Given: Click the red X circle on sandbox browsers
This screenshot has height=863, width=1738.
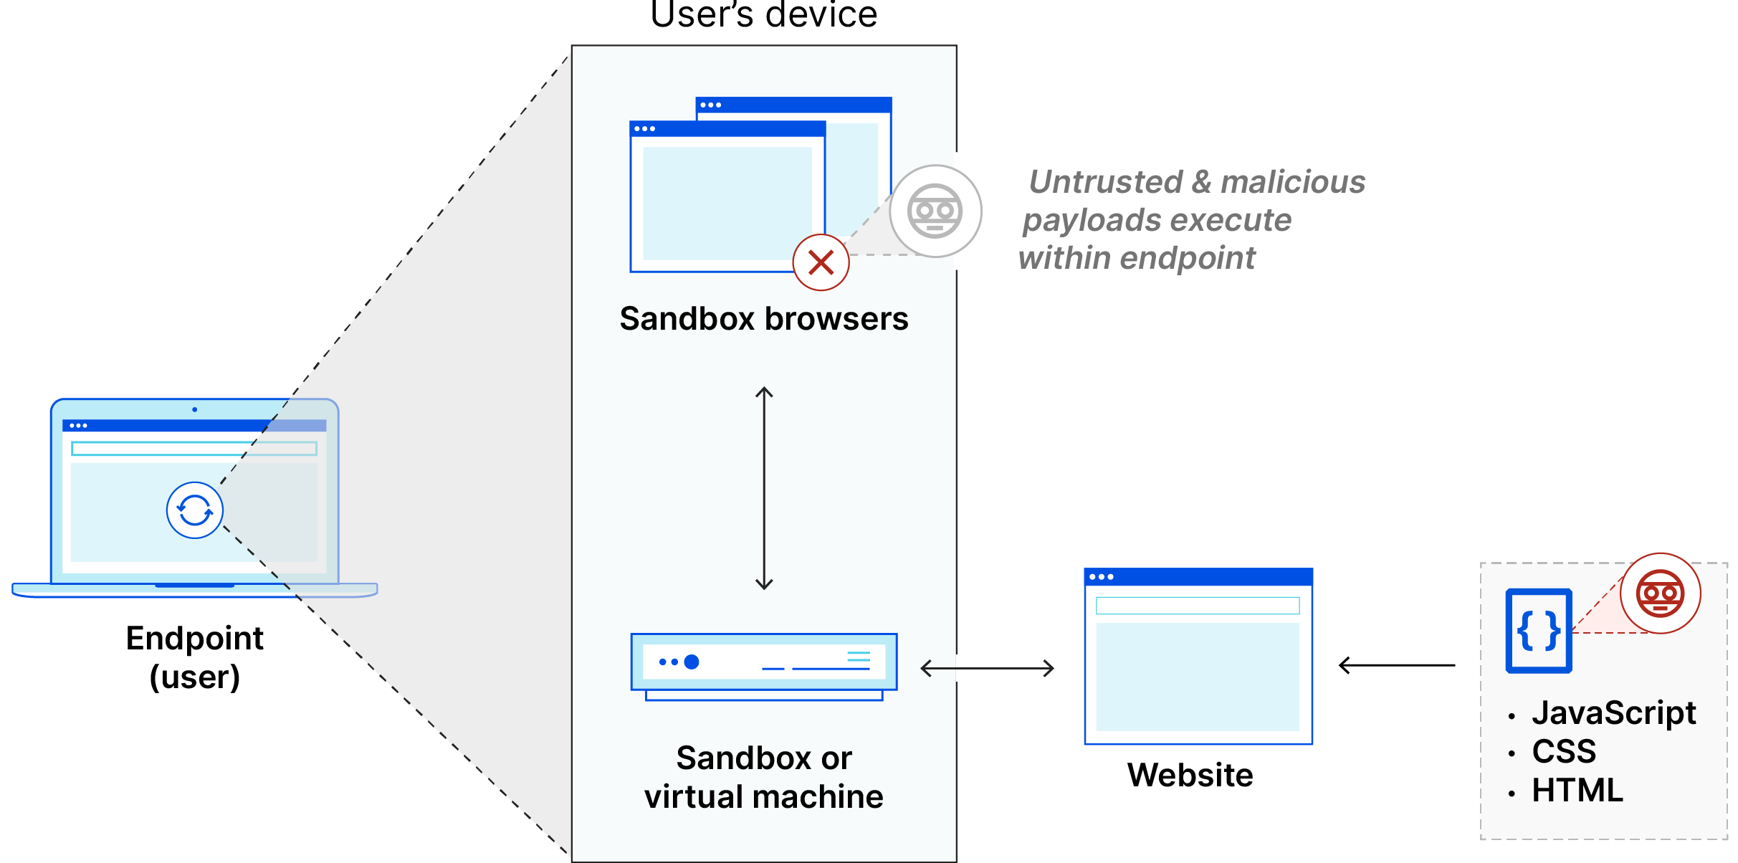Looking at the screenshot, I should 821,262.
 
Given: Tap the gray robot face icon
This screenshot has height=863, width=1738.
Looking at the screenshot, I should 935,211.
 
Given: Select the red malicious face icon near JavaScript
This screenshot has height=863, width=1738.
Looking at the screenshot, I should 1660,593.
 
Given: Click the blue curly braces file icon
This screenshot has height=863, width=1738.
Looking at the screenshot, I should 1539,631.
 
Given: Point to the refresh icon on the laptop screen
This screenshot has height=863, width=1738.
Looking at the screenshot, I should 194,510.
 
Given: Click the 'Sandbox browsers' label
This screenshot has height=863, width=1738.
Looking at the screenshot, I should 763,319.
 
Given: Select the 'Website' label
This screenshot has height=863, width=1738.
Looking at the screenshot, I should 1190,775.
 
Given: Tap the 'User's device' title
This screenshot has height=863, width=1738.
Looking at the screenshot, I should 763,16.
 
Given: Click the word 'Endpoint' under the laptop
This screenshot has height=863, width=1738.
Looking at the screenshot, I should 194,638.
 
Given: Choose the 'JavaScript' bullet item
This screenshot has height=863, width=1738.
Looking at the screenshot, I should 1613,713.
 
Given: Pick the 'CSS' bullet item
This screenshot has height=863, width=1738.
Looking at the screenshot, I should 1564,752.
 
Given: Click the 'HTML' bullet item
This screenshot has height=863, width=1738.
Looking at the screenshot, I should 1577,791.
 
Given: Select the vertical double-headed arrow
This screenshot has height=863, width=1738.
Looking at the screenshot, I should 764,488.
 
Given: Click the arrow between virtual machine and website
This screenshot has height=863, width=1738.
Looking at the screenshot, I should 987,669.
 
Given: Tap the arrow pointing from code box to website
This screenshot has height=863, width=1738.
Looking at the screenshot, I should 1396,665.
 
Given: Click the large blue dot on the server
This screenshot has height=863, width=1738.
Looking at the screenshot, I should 692,662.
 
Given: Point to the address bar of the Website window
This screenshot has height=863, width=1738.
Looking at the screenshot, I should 1197,606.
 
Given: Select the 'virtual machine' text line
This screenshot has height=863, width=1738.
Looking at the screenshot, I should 763,797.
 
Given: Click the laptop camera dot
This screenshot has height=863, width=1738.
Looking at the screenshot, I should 194,409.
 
